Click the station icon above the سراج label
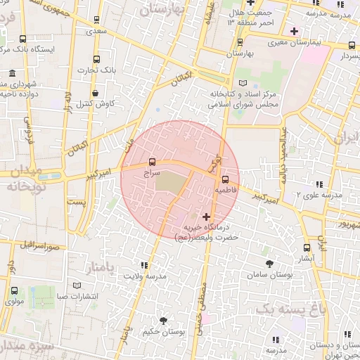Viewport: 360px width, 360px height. click(153, 162)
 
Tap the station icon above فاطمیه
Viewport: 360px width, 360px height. click(225, 179)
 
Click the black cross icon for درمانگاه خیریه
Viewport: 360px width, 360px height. click(205, 217)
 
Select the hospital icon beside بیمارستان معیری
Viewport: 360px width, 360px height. click(294, 31)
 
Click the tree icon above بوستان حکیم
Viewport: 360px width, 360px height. click(163, 321)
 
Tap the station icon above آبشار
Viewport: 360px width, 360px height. click(306, 247)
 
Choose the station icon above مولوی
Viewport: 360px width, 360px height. click(14, 290)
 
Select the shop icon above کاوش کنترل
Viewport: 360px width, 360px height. click(95, 92)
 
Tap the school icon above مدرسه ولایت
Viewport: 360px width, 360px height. click(145, 265)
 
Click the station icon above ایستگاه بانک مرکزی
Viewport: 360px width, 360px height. click(23, 39)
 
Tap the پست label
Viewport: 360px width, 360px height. click(76, 202)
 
